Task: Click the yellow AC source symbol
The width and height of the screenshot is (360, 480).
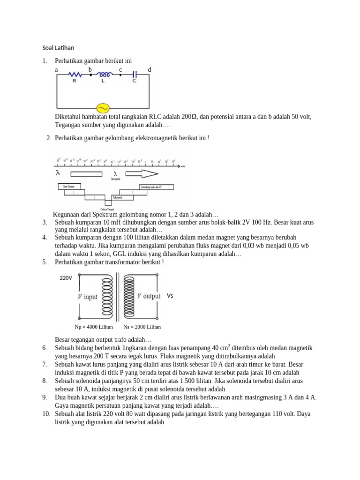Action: point(102,107)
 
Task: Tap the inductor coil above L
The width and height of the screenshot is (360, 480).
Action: point(104,74)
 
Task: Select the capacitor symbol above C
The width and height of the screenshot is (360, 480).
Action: point(135,74)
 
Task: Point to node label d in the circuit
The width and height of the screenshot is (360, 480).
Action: point(150,70)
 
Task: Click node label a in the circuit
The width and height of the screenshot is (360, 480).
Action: point(56,70)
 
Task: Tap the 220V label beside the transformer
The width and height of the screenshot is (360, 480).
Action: point(66,278)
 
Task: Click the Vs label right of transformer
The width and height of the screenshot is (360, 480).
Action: point(170,296)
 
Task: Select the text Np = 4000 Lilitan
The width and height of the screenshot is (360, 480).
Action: point(94,327)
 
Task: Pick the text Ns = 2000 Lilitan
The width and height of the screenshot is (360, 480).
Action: point(142,327)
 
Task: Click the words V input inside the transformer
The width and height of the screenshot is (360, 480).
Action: point(87,297)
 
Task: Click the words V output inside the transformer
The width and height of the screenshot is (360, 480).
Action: point(149,296)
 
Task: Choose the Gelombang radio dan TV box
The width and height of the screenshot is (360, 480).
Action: point(155,187)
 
